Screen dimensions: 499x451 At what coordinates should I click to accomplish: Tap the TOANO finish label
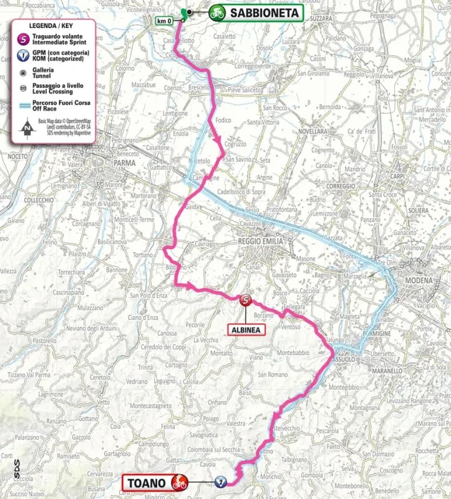(x=147, y=482)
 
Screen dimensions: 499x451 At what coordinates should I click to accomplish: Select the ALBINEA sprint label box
(x=246, y=329)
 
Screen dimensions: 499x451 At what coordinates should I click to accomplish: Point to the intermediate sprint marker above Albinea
(x=246, y=301)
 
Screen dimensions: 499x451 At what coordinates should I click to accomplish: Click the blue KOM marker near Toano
(x=220, y=482)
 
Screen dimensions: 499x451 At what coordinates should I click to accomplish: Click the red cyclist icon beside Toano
(x=180, y=482)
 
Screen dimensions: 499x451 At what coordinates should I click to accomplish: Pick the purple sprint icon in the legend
(x=24, y=39)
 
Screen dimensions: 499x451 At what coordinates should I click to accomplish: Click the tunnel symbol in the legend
(x=24, y=72)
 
